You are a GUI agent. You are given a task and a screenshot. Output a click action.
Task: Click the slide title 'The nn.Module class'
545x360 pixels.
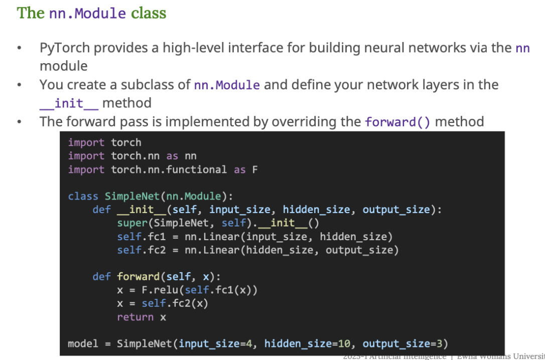coord(91,13)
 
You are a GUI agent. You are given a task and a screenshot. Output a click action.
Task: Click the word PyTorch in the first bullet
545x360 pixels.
coord(65,48)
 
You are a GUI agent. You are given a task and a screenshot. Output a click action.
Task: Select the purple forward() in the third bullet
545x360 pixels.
coord(397,122)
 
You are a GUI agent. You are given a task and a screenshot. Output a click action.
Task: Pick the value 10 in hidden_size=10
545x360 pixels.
coord(344,344)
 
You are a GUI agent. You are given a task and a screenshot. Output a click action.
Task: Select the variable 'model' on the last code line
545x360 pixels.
coord(83,344)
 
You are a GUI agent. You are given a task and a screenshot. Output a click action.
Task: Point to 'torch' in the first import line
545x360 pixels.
coord(126,142)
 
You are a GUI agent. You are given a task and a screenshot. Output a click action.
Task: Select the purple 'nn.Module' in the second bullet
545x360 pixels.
coord(227,85)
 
